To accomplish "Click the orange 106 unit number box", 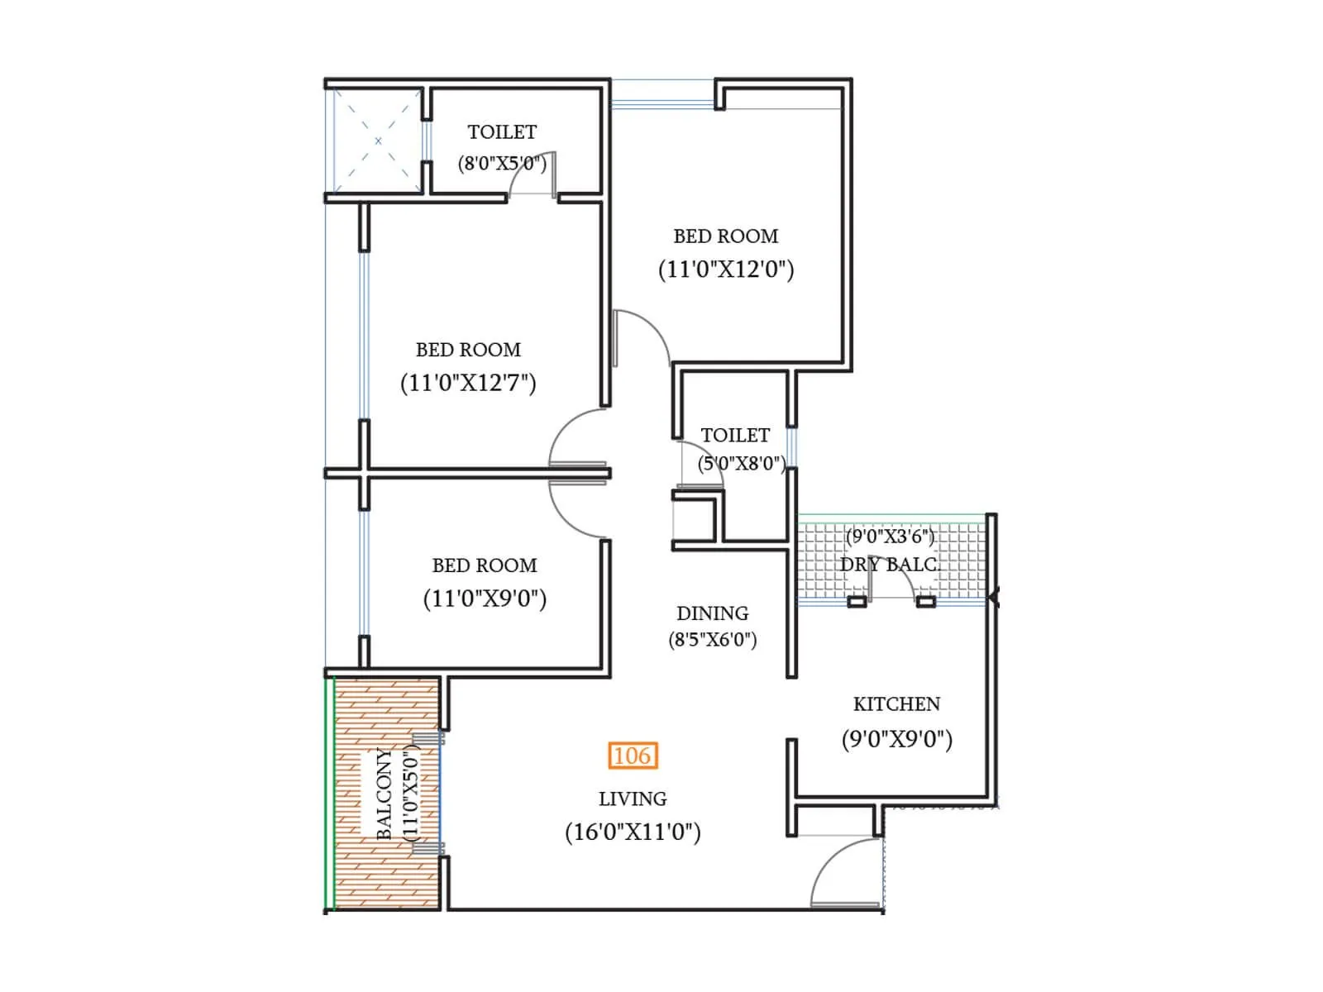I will (x=633, y=756).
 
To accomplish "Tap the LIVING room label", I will (x=633, y=799).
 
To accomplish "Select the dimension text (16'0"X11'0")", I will (x=633, y=832).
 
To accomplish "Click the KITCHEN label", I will (x=896, y=704).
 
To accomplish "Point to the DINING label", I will (x=712, y=613).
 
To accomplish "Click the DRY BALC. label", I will (x=890, y=565).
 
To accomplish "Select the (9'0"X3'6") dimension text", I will (x=890, y=537).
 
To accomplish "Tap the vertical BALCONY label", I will (x=384, y=794).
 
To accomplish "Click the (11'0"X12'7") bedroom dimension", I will (x=468, y=383).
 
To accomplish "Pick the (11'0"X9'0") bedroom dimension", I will (x=485, y=599).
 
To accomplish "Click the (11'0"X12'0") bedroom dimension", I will (x=726, y=269).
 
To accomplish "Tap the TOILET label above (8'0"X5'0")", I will (x=502, y=132).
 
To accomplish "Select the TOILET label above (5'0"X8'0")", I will (x=735, y=436).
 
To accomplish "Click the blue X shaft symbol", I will (x=378, y=141).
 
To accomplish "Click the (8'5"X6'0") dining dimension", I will (x=712, y=640).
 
